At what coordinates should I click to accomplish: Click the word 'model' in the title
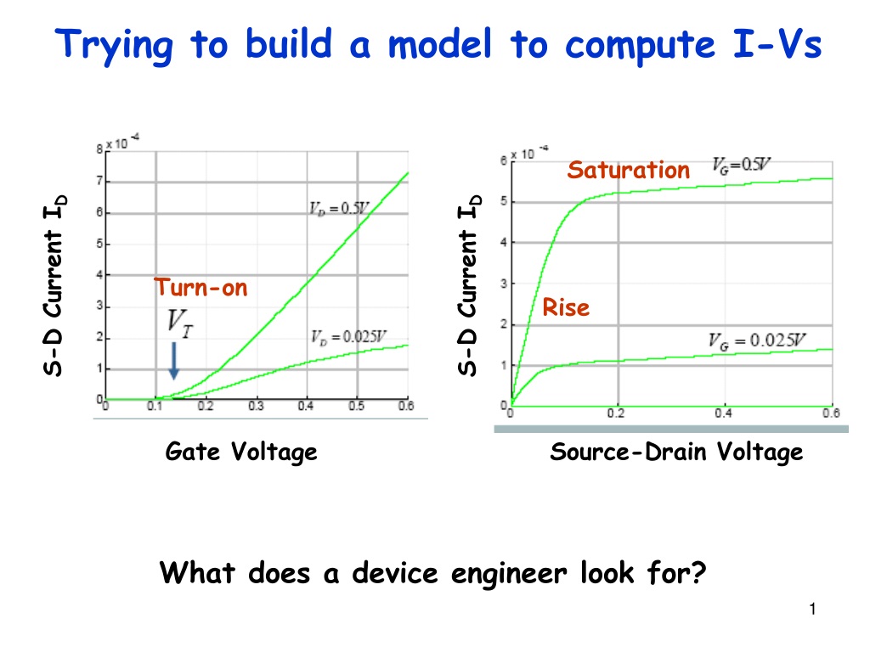(439, 44)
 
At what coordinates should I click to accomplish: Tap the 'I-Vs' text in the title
(777, 44)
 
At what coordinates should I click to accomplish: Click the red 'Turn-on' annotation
(201, 287)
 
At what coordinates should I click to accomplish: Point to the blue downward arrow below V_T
(173, 361)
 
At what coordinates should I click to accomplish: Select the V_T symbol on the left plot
(180, 323)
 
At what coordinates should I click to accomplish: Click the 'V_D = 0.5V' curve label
(339, 209)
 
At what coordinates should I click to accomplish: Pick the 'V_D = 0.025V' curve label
(348, 337)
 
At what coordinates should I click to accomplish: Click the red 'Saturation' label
(628, 170)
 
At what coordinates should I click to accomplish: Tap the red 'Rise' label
(565, 307)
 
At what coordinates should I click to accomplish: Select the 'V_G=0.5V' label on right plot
(741, 165)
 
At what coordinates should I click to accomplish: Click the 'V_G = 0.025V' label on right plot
(757, 341)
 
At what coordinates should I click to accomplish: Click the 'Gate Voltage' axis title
(241, 452)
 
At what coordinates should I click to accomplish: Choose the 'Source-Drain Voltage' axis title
(676, 452)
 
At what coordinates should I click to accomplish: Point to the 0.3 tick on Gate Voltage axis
(256, 407)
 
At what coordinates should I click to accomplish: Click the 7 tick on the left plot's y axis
(100, 181)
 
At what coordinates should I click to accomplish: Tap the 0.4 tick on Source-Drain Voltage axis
(724, 413)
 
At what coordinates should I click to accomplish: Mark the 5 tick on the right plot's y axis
(504, 201)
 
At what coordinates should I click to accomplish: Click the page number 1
(812, 610)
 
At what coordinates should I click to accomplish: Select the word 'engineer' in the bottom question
(509, 574)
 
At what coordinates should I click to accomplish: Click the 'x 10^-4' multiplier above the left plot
(122, 142)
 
